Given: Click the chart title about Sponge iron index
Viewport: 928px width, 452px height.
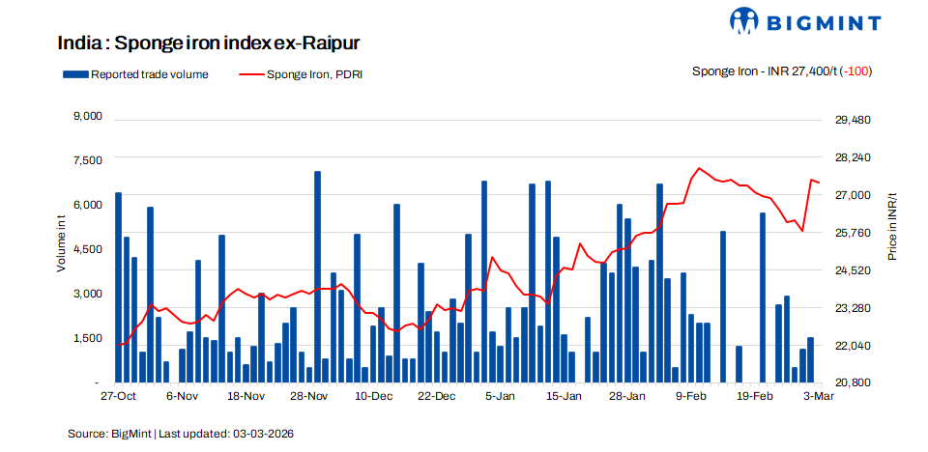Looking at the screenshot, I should pyautogui.click(x=209, y=43).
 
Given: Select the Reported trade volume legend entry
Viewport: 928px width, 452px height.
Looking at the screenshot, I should pyautogui.click(x=135, y=73).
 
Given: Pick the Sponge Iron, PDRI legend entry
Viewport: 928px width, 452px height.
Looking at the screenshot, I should pyautogui.click(x=300, y=73).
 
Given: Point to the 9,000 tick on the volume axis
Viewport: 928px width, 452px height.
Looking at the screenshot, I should pyautogui.click(x=88, y=116).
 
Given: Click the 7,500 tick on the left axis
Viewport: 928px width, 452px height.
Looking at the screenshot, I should pyautogui.click(x=88, y=160).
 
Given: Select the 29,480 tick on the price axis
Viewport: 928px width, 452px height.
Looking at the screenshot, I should pyautogui.click(x=853, y=120).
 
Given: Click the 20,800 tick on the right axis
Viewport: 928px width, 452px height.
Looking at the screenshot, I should pyautogui.click(x=853, y=382).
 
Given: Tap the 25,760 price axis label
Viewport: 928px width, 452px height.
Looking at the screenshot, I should pyautogui.click(x=853, y=233).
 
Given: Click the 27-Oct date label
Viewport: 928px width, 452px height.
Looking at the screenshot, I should pyautogui.click(x=118, y=396).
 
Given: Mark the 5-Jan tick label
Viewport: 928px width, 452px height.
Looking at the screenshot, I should pyautogui.click(x=500, y=396).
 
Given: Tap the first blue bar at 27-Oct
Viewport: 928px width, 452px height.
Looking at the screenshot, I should pyautogui.click(x=118, y=288).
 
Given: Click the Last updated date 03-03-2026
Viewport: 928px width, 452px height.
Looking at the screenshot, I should pyautogui.click(x=262, y=434).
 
